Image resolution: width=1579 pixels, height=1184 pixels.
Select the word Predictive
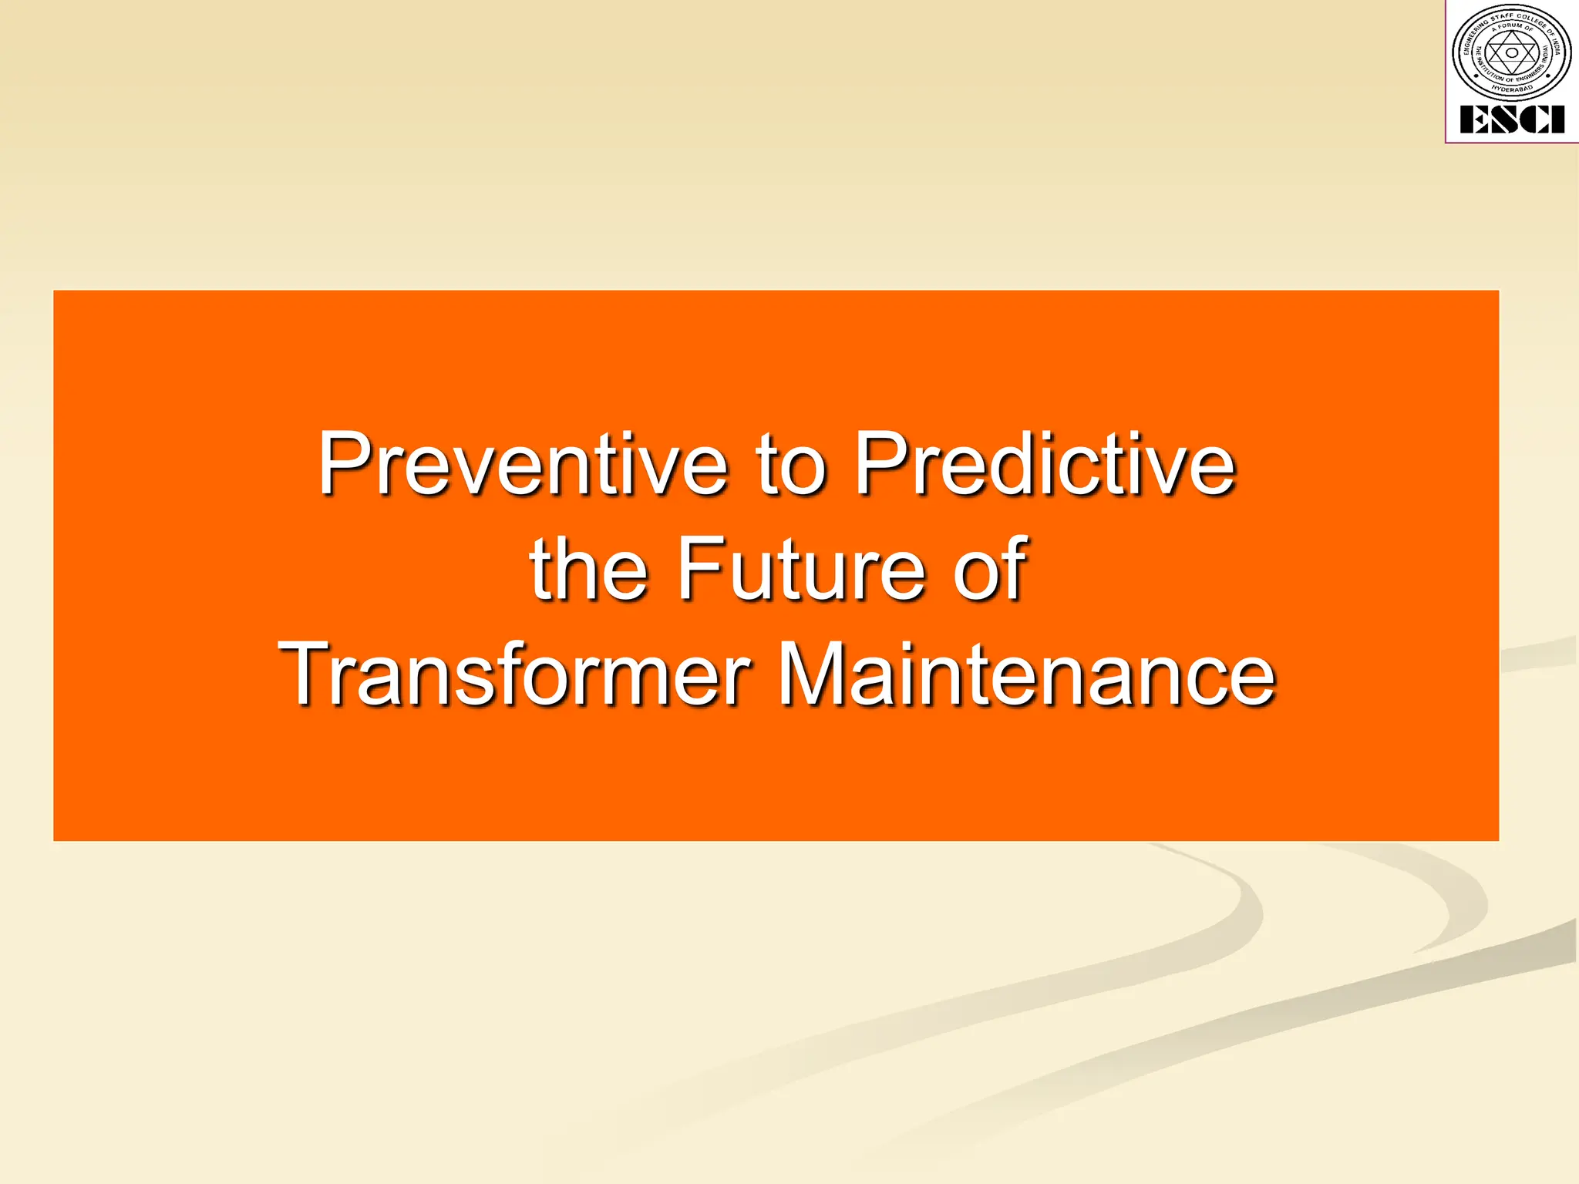pos(1045,465)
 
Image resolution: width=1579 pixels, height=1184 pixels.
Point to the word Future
pos(802,570)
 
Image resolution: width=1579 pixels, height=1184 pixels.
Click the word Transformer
pos(514,674)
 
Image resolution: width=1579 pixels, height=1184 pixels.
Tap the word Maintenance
pos(1025,674)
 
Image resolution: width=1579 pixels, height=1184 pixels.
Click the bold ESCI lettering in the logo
pos(1511,119)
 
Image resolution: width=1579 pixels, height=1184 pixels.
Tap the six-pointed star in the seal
pos(1512,52)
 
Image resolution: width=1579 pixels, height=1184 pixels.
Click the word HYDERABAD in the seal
pos(1512,89)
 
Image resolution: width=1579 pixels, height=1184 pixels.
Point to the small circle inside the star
pos(1512,52)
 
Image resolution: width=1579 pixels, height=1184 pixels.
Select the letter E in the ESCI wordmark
pos(1473,119)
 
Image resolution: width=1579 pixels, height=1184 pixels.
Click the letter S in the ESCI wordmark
pos(1502,119)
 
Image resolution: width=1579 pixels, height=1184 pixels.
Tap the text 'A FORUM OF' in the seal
pos(1512,26)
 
